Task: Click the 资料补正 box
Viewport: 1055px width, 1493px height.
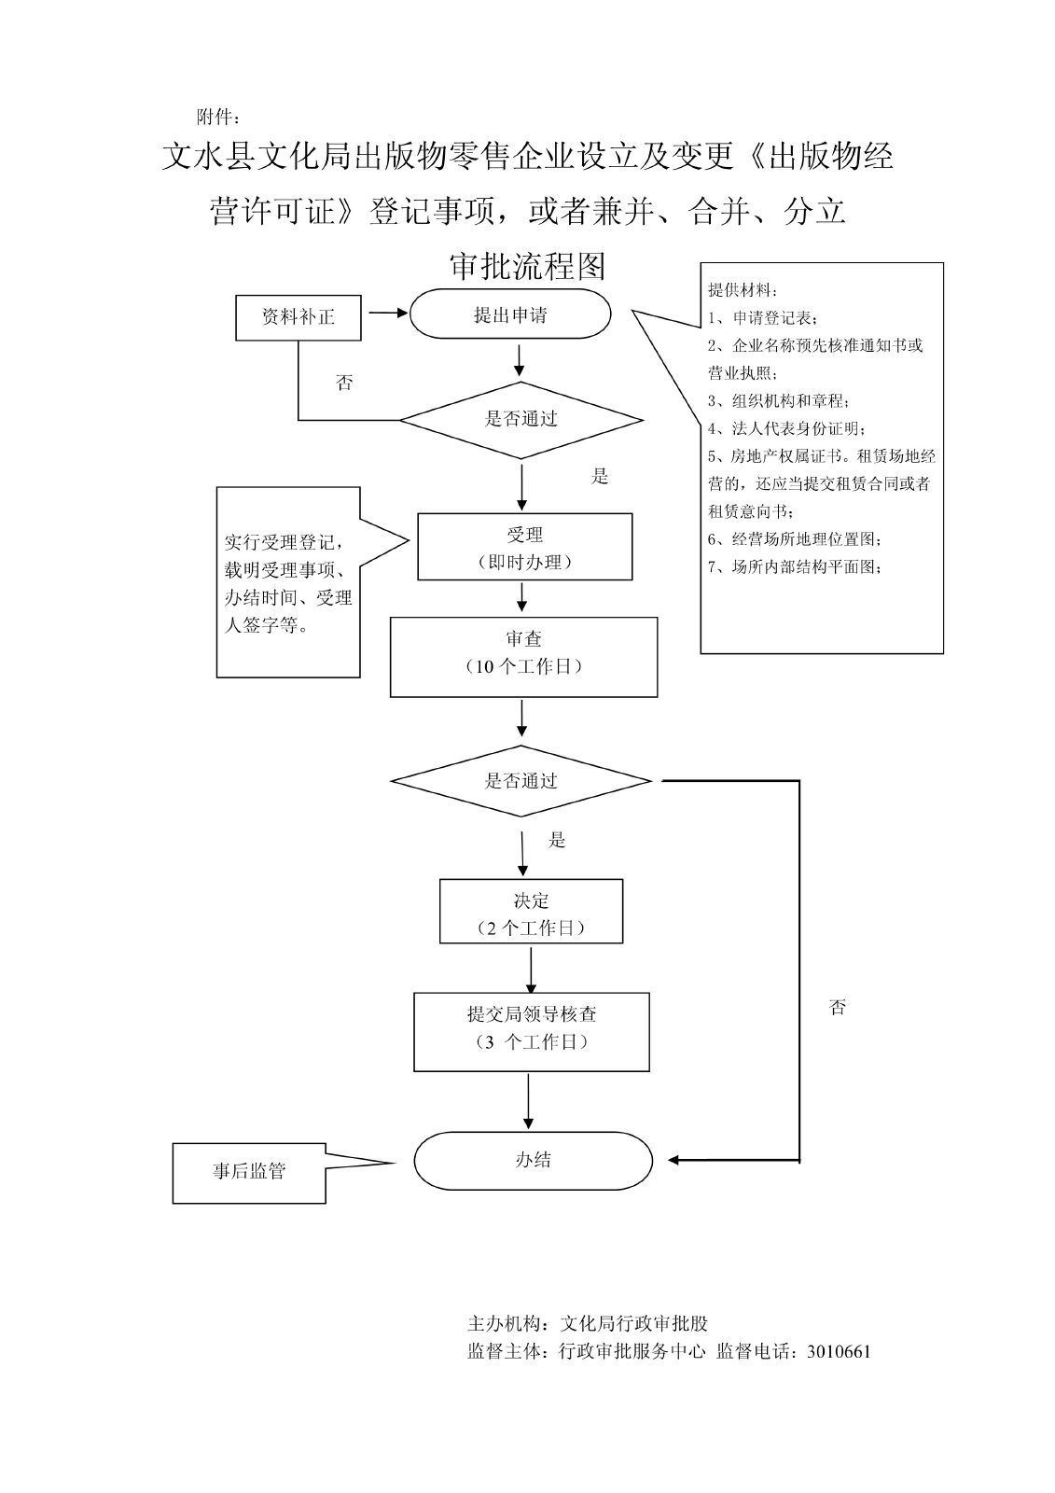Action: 298,317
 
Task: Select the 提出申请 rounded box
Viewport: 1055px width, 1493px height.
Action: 510,314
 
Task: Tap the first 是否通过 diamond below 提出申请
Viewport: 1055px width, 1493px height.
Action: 521,420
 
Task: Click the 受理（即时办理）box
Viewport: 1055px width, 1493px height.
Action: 524,547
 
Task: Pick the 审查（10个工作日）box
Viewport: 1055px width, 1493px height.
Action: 523,656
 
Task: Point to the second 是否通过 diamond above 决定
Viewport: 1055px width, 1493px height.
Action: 521,781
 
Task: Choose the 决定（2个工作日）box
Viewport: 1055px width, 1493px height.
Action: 531,912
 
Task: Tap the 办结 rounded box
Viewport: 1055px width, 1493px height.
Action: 533,1161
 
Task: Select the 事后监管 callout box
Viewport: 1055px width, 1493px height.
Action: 249,1172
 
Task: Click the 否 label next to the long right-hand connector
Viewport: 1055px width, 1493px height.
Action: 838,1007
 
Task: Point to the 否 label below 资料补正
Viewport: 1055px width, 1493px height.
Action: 344,383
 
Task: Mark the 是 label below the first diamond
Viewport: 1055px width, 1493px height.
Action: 600,477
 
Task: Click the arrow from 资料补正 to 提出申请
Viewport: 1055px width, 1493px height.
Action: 386,314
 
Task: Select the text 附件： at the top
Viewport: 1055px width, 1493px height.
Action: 219,118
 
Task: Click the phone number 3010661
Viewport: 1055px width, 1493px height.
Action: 840,1351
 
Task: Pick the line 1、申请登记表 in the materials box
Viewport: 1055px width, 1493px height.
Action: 764,318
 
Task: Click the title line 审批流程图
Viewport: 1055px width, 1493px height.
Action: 528,266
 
